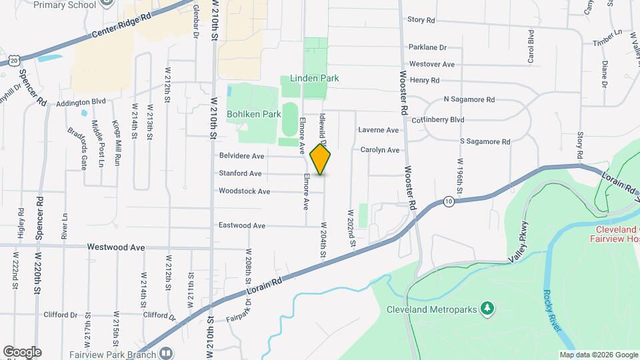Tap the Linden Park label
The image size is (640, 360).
coord(314,78)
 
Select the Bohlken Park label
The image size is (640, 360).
coord(253,114)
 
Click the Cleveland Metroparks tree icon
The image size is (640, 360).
coord(488,307)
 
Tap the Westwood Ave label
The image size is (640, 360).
coord(117,247)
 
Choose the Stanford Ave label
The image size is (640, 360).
coord(241,173)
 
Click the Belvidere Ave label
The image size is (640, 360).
coord(241,156)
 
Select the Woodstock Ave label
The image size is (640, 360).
coord(244,191)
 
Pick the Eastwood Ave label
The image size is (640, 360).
coord(241,225)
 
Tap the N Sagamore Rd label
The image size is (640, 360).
coord(469,99)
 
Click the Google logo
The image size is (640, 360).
coord(22,352)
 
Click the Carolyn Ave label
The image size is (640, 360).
coord(379,150)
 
